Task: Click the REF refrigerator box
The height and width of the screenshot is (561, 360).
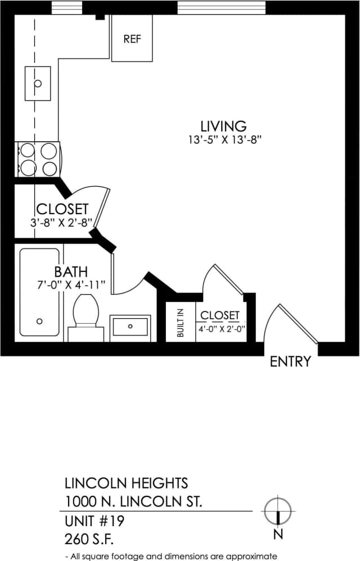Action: (132, 39)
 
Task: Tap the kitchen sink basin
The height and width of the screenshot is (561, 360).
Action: (38, 84)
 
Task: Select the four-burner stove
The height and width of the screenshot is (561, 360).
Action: (38, 160)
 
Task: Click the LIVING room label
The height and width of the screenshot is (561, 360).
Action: (223, 126)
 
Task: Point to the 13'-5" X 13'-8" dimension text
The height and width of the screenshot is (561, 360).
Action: (226, 141)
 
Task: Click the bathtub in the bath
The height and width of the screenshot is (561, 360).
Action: (39, 292)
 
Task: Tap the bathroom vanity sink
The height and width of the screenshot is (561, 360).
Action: (130, 326)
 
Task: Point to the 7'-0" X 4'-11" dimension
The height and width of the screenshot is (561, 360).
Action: (70, 284)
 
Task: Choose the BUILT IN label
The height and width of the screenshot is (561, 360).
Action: (181, 323)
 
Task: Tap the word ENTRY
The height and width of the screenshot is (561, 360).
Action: (290, 361)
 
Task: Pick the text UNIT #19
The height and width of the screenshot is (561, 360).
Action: (94, 521)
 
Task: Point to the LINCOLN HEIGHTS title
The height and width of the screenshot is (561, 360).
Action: (127, 483)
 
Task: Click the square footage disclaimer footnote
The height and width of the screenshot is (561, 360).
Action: (172, 557)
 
